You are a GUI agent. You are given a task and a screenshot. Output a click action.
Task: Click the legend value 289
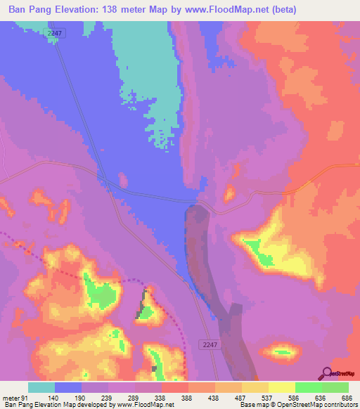coord(135,397)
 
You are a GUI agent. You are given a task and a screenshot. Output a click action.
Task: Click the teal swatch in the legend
coord(41,387)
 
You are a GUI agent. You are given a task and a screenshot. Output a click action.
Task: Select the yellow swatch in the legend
coord(282,387)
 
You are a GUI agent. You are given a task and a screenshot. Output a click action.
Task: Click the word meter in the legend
coord(11,397)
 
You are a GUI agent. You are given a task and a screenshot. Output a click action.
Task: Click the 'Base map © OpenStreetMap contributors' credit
coord(297,405)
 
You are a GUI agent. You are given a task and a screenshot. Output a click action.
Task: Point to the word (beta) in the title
coord(281,10)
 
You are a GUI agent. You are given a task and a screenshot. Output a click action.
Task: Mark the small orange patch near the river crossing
coord(229,193)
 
